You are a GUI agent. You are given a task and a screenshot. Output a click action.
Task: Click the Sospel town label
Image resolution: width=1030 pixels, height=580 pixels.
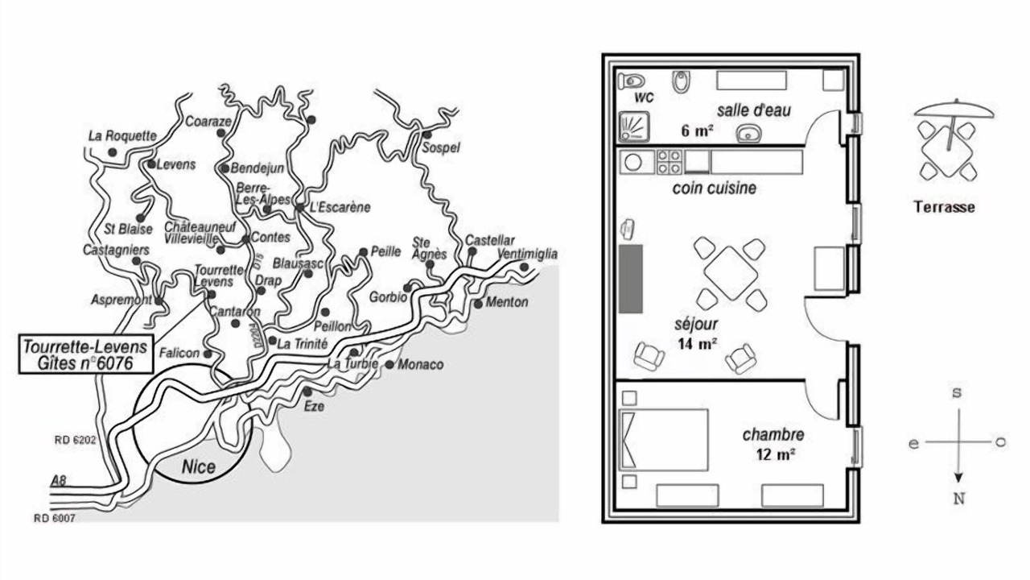(x=440, y=148)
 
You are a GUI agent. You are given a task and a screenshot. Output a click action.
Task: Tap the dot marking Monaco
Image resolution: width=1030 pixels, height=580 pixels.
(x=389, y=365)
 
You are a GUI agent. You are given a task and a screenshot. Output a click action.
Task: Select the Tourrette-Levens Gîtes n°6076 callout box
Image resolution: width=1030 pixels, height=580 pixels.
(x=85, y=355)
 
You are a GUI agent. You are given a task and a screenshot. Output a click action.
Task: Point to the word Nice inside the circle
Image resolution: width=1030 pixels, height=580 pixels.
(x=198, y=466)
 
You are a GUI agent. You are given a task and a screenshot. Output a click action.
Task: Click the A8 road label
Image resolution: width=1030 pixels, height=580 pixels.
(x=58, y=481)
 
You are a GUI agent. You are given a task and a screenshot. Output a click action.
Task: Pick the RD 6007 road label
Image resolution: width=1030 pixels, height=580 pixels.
(x=54, y=518)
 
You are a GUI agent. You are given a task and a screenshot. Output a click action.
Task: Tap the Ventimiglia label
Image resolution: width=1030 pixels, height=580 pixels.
(x=527, y=255)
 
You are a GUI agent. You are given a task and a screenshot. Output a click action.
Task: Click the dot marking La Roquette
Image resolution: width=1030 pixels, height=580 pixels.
(x=113, y=151)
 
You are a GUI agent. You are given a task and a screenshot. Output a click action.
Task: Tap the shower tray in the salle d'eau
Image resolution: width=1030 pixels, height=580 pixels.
(x=635, y=127)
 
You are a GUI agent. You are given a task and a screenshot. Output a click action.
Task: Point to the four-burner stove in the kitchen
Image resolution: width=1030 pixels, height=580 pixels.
(x=669, y=162)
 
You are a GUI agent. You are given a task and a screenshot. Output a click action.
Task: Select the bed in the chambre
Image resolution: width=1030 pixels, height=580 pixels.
(x=663, y=439)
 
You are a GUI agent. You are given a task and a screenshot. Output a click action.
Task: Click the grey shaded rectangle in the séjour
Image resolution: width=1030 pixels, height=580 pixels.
(x=630, y=279)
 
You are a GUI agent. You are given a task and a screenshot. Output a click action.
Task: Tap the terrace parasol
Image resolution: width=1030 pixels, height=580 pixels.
(x=954, y=110)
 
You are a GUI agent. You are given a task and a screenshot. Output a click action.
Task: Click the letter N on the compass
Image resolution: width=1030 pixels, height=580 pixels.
(x=958, y=499)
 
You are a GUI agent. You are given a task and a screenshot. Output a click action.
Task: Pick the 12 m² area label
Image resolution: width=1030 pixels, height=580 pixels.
(x=776, y=454)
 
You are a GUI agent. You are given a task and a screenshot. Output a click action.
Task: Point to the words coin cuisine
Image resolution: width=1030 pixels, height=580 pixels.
(x=714, y=188)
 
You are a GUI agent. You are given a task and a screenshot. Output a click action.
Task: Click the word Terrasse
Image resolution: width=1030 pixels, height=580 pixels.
(x=944, y=207)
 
